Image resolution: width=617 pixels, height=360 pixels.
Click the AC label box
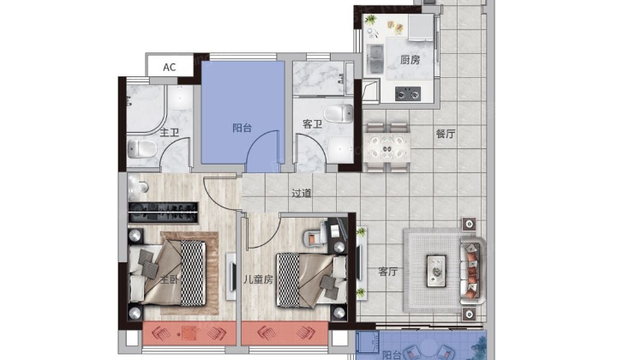point(170,66)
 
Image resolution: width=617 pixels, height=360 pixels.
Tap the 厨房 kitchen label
point(410,60)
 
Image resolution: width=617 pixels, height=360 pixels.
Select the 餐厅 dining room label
point(446,134)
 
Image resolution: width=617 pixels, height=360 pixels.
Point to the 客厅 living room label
point(388,272)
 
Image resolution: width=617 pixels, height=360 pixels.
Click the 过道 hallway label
point(302,193)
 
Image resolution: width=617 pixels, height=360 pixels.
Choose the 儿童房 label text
point(258,279)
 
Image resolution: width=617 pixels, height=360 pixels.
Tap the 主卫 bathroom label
point(170,132)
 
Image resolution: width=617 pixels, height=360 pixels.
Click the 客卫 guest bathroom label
point(313,124)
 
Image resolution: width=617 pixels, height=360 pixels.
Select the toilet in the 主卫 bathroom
point(142,149)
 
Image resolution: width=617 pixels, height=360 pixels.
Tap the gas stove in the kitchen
point(408,93)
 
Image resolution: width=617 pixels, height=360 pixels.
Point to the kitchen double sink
point(375,59)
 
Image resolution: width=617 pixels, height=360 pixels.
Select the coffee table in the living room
point(436,271)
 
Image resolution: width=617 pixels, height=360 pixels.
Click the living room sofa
point(472,270)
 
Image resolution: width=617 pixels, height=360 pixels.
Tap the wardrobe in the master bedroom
point(163,213)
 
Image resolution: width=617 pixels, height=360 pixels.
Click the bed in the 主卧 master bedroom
point(167,273)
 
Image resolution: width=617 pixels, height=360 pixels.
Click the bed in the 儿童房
point(312,279)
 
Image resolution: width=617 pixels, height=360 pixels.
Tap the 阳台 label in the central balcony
point(242,128)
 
